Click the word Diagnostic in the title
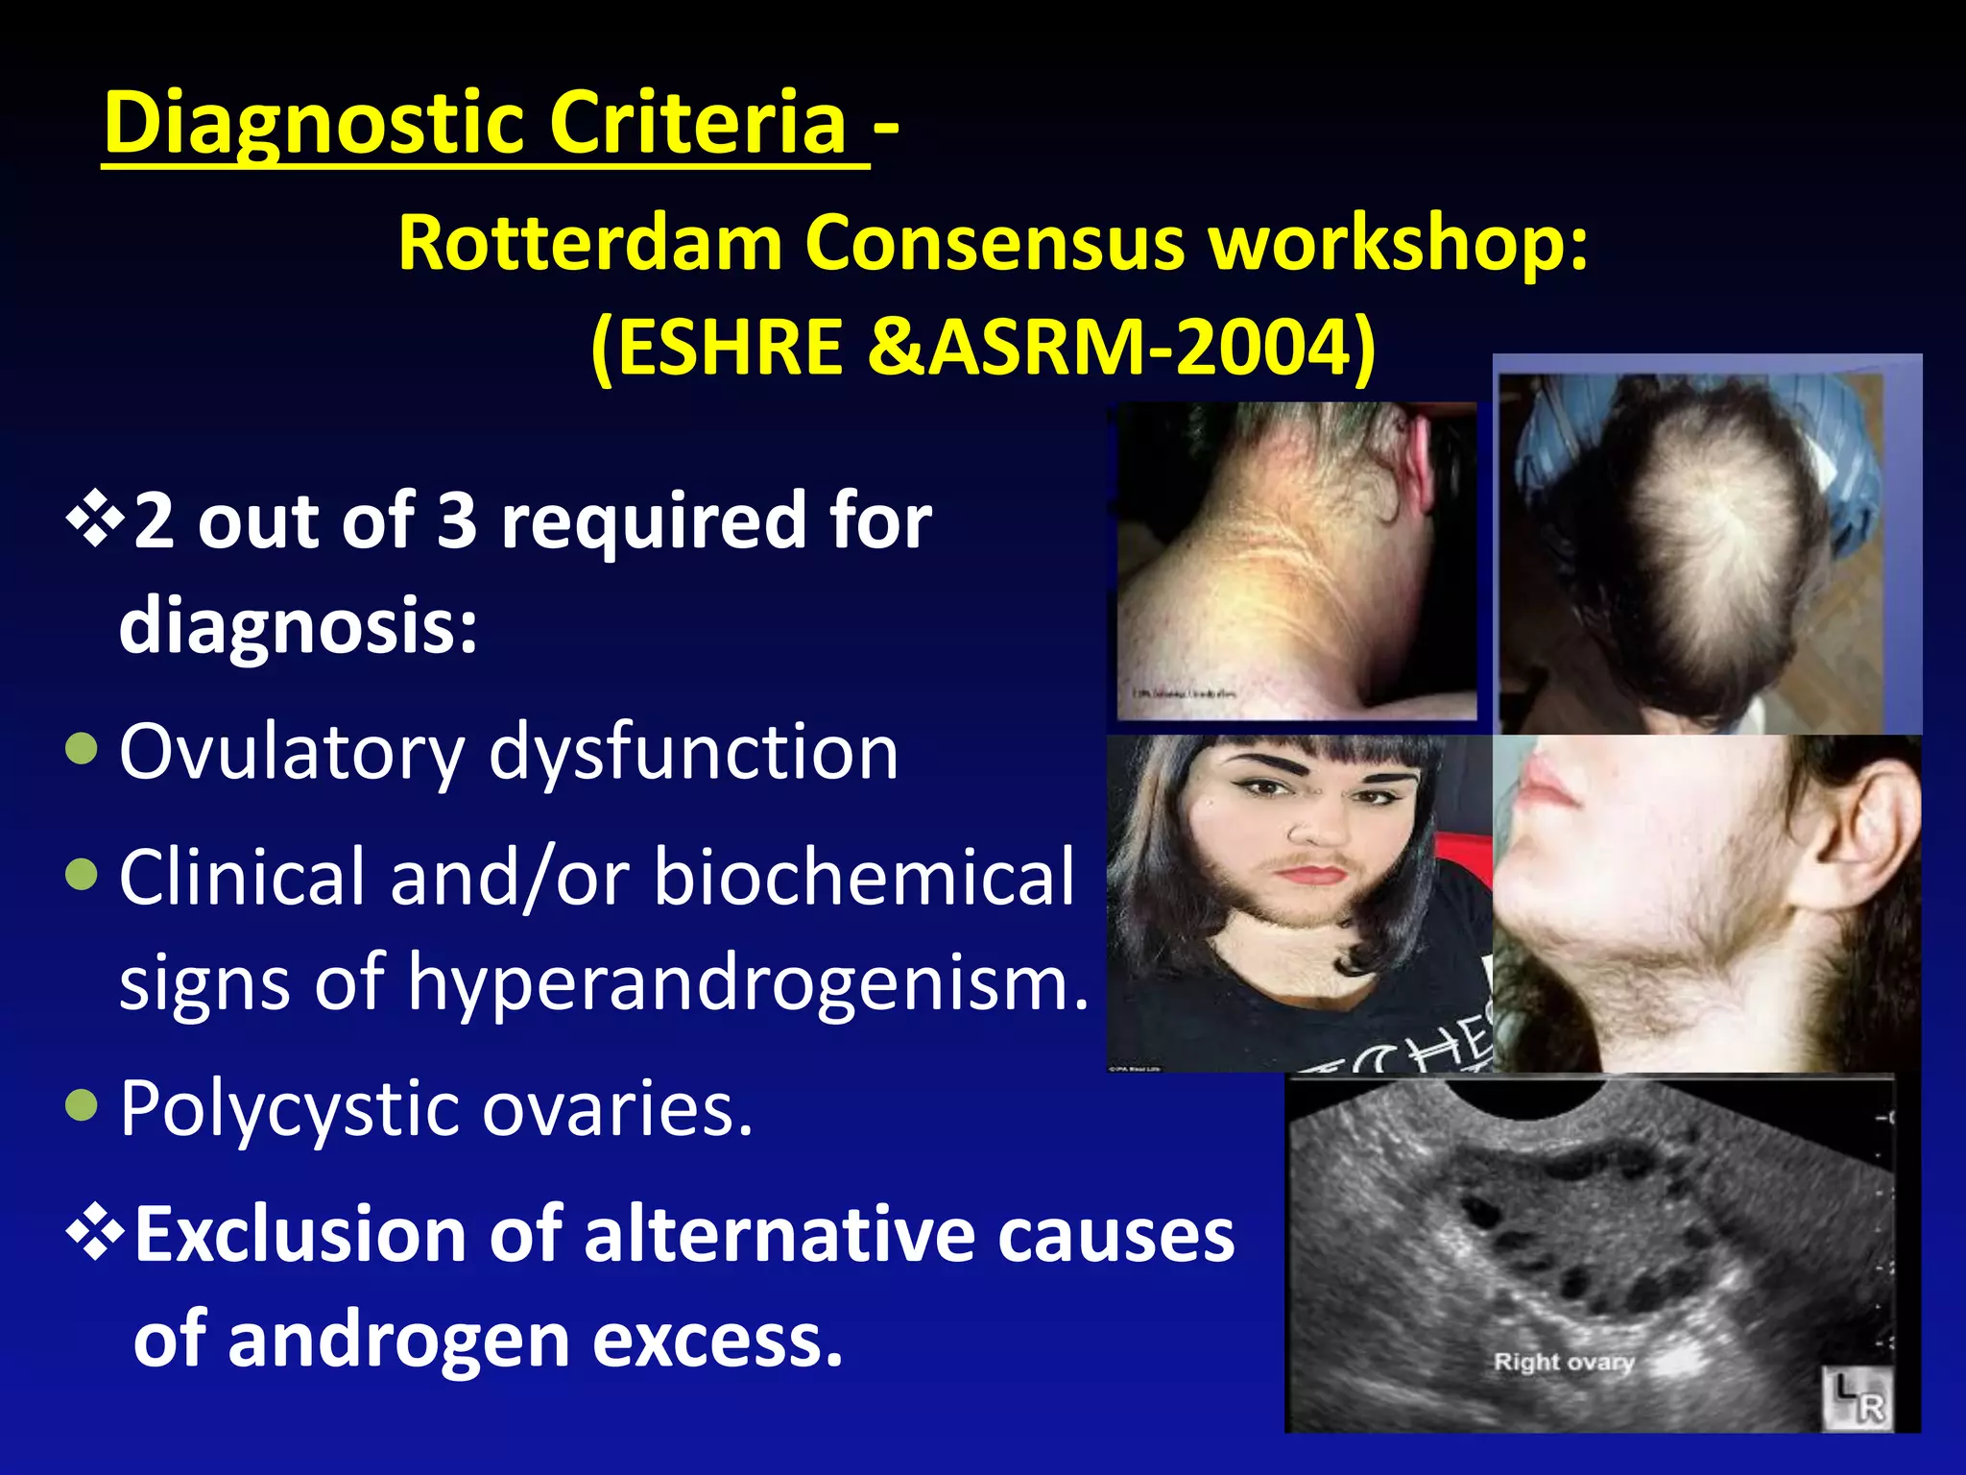312,124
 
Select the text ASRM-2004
1140,348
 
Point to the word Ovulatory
291,754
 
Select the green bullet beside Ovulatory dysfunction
83,749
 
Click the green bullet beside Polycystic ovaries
83,1105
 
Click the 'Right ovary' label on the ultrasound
1564,1362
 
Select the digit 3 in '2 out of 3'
457,521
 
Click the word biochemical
864,878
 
